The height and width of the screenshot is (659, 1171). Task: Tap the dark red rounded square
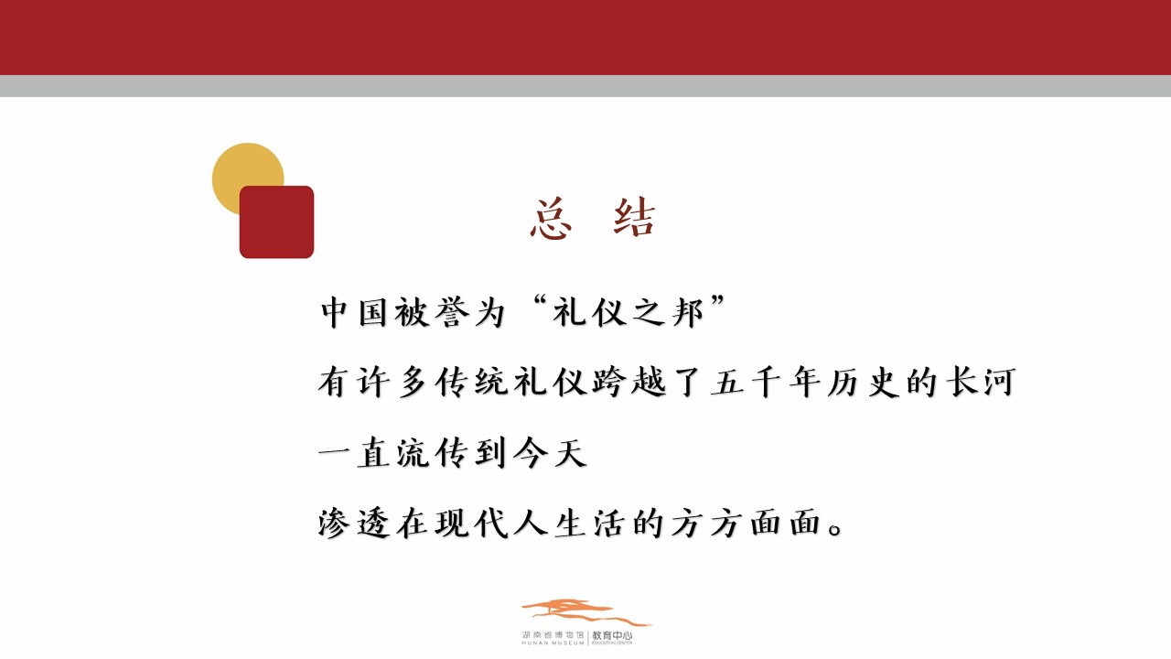pyautogui.click(x=276, y=221)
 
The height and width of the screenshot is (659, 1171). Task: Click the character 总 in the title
pyautogui.click(x=551, y=219)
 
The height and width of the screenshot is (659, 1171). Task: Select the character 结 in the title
pyautogui.click(x=634, y=218)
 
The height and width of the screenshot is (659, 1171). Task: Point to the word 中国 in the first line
pyautogui.click(x=353, y=312)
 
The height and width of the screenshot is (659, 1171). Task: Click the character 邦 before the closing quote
pyautogui.click(x=688, y=312)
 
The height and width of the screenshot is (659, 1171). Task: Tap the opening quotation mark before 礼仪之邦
pyautogui.click(x=539, y=301)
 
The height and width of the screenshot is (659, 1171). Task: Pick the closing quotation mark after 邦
pyautogui.click(x=717, y=301)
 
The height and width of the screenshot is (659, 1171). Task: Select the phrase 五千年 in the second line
pyautogui.click(x=767, y=382)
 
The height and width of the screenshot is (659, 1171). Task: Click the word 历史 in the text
pyautogui.click(x=864, y=383)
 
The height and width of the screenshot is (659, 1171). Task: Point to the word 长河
pyautogui.click(x=981, y=382)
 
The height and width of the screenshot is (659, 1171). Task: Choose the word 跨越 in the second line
pyautogui.click(x=629, y=382)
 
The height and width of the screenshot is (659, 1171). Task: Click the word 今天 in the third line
pyautogui.click(x=551, y=452)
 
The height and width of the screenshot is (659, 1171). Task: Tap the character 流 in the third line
pyautogui.click(x=413, y=452)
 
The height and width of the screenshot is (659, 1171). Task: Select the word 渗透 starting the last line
pyautogui.click(x=354, y=523)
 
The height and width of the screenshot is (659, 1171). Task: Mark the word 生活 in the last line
pyautogui.click(x=590, y=523)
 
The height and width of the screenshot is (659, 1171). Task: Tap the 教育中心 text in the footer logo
pyautogui.click(x=612, y=635)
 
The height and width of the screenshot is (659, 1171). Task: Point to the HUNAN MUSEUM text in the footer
pyautogui.click(x=553, y=643)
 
